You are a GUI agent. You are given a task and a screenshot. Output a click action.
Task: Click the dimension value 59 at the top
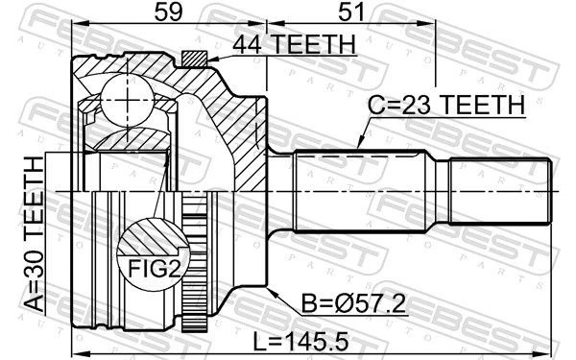pyautogui.click(x=171, y=16)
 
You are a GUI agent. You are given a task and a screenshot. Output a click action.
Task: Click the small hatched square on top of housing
pyautogui.click(x=196, y=60)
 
